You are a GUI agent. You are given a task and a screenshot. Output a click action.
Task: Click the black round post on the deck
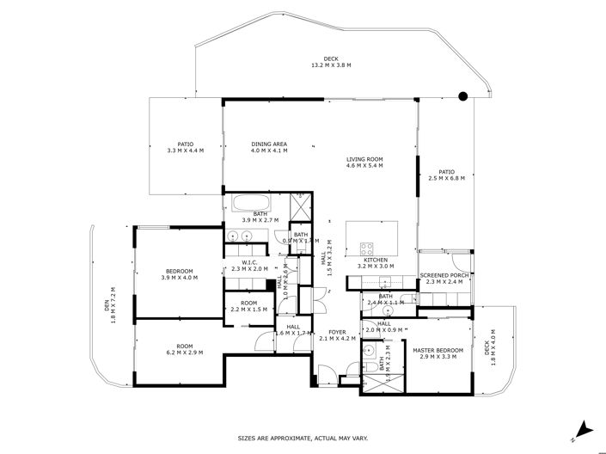click(462, 96)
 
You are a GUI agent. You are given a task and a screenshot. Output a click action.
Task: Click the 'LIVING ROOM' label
click(364, 159)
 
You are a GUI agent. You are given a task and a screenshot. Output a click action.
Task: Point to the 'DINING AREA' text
click(269, 144)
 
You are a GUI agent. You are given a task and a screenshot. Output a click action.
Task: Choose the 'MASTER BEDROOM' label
click(438, 350)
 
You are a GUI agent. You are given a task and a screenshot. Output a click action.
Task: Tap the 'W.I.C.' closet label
click(250, 262)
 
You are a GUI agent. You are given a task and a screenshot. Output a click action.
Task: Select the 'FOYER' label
click(336, 331)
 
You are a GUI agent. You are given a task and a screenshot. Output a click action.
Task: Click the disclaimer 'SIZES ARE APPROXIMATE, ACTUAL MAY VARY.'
click(303, 439)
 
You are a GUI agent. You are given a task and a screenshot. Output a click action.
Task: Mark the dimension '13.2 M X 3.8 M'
click(331, 65)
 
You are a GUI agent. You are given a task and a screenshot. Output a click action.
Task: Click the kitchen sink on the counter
click(386, 281)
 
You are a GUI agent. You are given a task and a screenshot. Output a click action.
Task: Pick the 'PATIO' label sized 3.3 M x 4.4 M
click(185, 144)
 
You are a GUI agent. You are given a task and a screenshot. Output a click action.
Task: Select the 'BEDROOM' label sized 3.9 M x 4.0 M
click(179, 271)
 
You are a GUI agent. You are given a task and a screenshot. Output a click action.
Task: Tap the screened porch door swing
click(462, 260)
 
